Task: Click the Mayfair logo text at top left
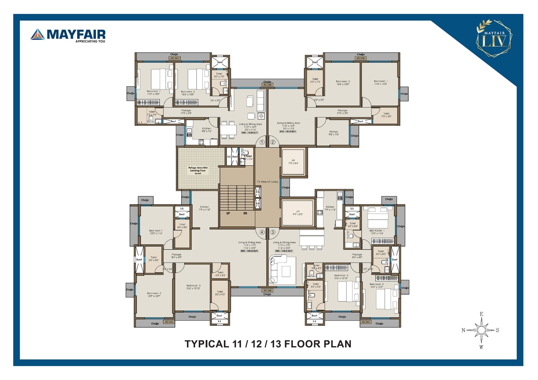pyautogui.click(x=76, y=34)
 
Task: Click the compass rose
pyautogui.click(x=481, y=330)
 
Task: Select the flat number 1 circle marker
pyautogui.click(x=262, y=142)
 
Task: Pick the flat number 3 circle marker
pyautogui.click(x=273, y=232)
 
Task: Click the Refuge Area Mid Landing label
pyautogui.click(x=198, y=170)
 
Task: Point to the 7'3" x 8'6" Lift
pyautogui.click(x=293, y=162)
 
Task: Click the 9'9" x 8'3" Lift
pyautogui.click(x=298, y=213)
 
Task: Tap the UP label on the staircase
pyautogui.click(x=228, y=213)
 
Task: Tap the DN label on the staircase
pyautogui.click(x=245, y=213)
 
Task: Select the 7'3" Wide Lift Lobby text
pyautogui.click(x=267, y=182)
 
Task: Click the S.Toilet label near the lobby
pyautogui.click(x=248, y=156)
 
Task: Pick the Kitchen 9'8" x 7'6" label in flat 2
pyautogui.click(x=334, y=133)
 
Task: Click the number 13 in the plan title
pyautogui.click(x=276, y=344)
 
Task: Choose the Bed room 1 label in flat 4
pyautogui.click(x=156, y=232)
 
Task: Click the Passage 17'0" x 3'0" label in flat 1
pyautogui.click(x=186, y=112)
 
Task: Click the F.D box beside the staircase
pyautogui.click(x=258, y=192)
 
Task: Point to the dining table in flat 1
pyautogui.click(x=229, y=130)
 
